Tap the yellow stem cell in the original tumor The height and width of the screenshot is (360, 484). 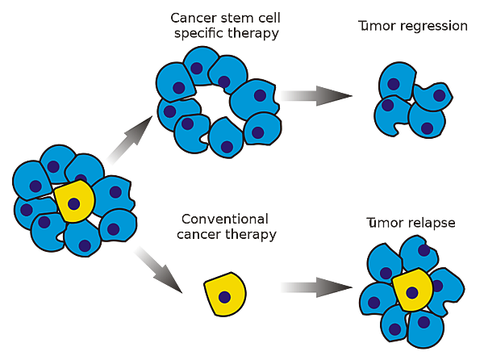pos(75,202)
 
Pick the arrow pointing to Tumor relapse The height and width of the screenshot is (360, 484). pos(315,288)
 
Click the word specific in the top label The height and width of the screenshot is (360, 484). pos(199,33)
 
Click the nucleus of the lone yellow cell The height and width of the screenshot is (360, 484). pos(226,297)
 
